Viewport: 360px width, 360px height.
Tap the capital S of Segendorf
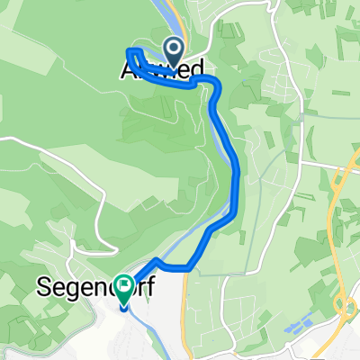click(x=41, y=288)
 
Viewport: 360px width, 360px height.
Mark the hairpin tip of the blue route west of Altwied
click(x=130, y=50)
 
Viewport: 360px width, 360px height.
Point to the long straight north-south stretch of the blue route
click(x=237, y=180)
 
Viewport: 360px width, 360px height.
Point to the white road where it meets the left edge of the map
click(x=3, y=139)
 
